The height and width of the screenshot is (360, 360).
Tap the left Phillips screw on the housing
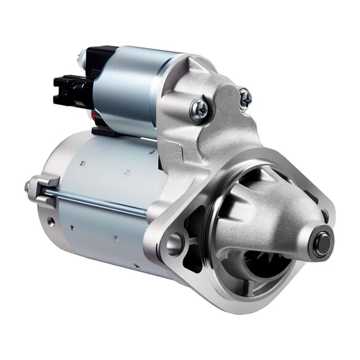pos(200,110)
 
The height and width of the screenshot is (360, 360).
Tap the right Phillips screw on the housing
pos(245,97)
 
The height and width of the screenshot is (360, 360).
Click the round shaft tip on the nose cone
pos(323,242)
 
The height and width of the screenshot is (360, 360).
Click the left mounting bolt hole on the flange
pos(174,244)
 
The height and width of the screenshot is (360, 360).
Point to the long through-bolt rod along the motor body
pos(100,201)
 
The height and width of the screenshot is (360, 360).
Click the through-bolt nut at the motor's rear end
pos(29,186)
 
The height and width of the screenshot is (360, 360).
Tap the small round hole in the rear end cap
pos(51,221)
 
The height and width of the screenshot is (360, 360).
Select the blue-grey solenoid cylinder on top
pos(125,91)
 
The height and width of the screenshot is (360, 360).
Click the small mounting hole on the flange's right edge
pos(324,216)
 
